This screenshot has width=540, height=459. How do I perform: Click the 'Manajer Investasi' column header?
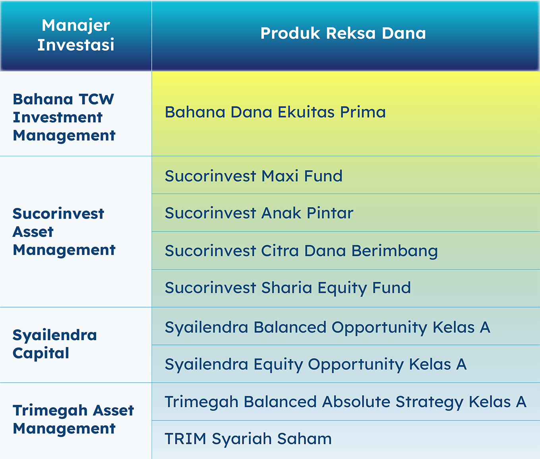tap(76, 35)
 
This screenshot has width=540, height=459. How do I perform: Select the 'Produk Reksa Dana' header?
tap(343, 33)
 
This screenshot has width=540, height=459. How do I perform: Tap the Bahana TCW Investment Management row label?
tap(64, 117)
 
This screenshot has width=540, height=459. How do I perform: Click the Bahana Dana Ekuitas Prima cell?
tap(275, 112)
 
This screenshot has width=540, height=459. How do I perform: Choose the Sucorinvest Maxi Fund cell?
tap(254, 176)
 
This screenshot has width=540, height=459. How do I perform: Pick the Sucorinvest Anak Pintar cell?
tap(259, 213)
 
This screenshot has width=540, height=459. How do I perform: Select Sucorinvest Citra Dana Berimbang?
tap(301, 251)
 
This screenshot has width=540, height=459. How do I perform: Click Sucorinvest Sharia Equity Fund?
tap(288, 288)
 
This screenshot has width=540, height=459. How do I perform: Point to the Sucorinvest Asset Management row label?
tap(64, 231)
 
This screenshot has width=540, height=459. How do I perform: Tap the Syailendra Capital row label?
tap(54, 344)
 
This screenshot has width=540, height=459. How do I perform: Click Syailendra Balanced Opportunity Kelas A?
tap(327, 327)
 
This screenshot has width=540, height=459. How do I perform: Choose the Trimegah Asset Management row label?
tap(74, 419)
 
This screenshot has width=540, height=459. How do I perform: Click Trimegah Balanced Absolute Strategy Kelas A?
tap(345, 402)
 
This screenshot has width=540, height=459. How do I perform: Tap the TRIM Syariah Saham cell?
tap(248, 439)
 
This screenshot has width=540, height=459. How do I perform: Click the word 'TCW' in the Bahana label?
tap(97, 99)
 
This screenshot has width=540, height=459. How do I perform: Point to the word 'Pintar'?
tap(330, 213)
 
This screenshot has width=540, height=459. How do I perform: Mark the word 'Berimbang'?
tap(395, 251)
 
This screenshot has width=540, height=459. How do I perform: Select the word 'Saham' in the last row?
tap(304, 439)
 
